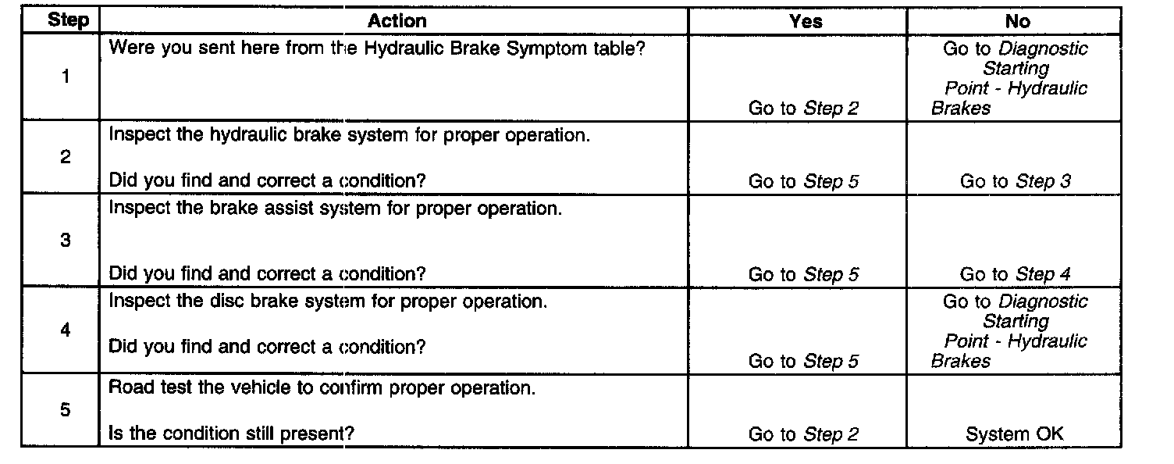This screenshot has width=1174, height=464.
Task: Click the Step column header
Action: point(68,21)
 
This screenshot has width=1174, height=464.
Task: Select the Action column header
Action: point(397,21)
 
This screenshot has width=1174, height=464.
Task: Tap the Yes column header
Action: point(806,21)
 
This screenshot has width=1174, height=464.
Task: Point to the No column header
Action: point(1018,21)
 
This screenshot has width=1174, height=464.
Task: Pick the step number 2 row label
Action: point(66,157)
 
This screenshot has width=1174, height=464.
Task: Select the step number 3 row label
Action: point(66,241)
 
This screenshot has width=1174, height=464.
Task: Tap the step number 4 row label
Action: point(66,330)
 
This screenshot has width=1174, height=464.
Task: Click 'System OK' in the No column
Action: point(1014,434)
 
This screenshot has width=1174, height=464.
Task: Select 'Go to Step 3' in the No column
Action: point(1015,181)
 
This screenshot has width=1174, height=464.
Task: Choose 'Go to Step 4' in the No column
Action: point(1015,274)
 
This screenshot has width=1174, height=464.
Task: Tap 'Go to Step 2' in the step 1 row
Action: point(803,109)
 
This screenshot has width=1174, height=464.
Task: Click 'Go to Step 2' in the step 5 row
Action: point(803,434)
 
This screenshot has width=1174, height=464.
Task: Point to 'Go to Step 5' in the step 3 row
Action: point(803,274)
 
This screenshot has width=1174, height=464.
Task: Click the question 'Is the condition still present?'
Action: point(230,433)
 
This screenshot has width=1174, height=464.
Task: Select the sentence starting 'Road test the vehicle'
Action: point(322,388)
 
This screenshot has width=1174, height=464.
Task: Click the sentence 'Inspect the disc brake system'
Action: point(328,302)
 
